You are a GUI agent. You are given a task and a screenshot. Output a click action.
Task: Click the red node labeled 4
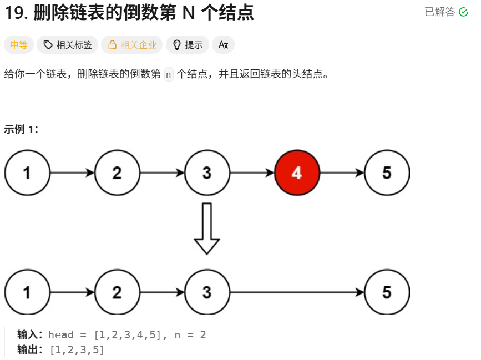point(297,173)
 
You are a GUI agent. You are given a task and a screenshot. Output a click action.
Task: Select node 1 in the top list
point(27,173)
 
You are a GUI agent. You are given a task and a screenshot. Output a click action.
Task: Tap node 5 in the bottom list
point(387,292)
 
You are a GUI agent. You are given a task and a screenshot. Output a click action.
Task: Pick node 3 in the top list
point(207,173)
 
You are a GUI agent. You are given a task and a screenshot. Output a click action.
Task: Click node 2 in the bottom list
point(117,292)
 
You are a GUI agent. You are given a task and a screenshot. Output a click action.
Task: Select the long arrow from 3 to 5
point(297,292)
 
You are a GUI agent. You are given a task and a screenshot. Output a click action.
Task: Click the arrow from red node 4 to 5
point(342,173)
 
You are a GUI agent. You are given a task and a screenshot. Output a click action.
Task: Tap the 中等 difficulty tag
point(19,45)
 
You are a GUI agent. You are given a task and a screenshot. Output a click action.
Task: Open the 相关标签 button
point(68,45)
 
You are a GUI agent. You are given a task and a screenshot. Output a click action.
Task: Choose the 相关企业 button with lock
point(132,45)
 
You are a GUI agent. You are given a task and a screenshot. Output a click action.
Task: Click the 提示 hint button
point(188,45)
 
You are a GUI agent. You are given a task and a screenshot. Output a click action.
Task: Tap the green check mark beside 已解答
point(464,12)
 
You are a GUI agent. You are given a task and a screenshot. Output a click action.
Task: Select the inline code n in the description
point(169,74)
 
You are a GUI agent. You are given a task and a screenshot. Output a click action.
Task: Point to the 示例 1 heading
point(21,130)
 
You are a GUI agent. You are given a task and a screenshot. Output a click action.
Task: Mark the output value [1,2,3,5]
point(77,350)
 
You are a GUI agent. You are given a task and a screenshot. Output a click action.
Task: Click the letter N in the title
point(189,13)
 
